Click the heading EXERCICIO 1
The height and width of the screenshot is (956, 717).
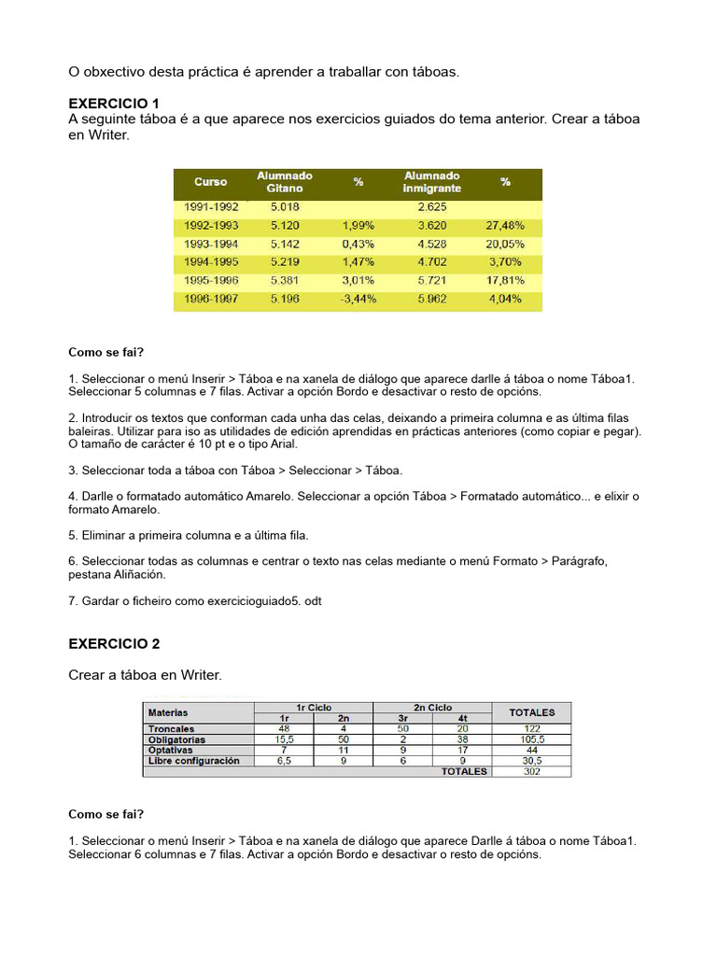pos(114,103)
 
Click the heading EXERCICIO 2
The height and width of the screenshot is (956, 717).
pos(114,644)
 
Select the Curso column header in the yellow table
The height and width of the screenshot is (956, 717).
pos(211,182)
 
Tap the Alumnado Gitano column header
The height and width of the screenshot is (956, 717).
pos(285,182)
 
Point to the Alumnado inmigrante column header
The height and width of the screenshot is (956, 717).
pos(431,182)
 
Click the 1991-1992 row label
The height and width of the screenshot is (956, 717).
pos(211,207)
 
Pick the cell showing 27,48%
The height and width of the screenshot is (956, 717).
pos(505,226)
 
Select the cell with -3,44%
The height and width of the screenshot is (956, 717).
pos(358,299)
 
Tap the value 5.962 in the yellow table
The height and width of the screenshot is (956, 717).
pos(431,299)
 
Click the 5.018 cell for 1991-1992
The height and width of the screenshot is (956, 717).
pos(285,207)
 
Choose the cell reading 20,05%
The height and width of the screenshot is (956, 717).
pos(505,244)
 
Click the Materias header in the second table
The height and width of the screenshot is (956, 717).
pos(169,712)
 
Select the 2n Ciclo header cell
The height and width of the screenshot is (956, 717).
pos(432,708)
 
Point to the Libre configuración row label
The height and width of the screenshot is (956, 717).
pos(194,761)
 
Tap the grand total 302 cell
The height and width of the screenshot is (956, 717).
pos(531,772)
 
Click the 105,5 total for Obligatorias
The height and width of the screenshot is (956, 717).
pos(531,739)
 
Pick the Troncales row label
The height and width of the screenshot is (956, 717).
pos(171,728)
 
